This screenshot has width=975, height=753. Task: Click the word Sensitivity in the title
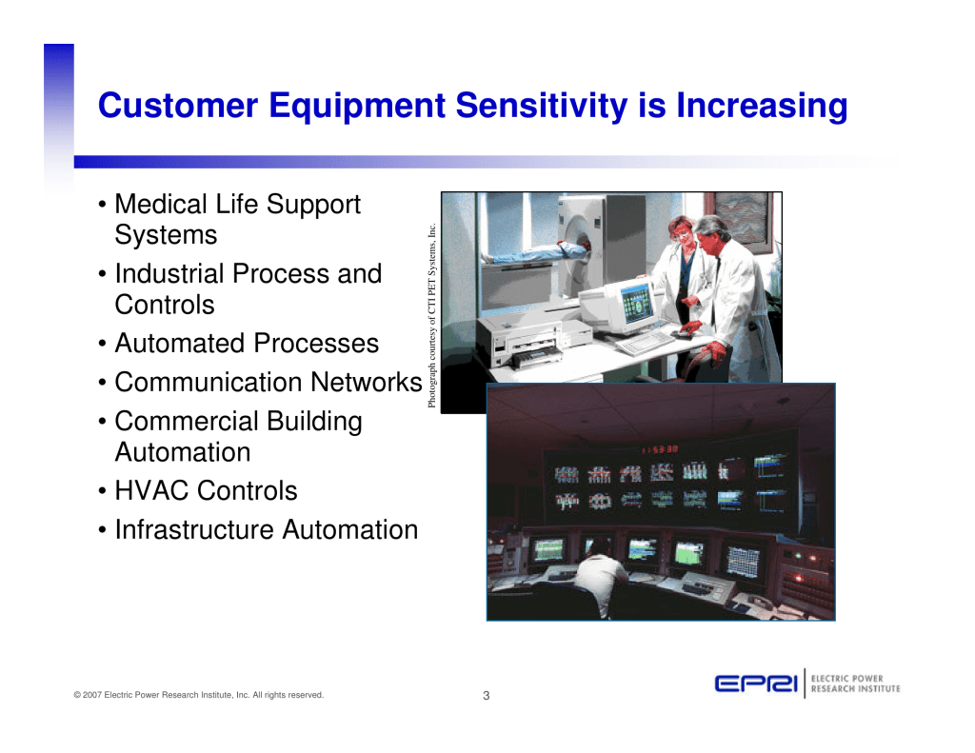point(542,105)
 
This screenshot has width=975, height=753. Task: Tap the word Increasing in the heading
point(762,105)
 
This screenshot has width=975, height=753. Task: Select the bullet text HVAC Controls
point(206,490)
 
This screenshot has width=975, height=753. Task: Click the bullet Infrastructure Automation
point(267,530)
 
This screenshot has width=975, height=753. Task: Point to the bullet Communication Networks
point(268,382)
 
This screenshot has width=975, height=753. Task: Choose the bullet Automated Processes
point(247,344)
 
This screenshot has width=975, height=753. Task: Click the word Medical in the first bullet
point(161,204)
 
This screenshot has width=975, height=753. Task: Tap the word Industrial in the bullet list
point(169,273)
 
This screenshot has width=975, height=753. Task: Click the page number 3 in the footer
point(487,695)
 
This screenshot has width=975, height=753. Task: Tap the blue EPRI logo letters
point(756,684)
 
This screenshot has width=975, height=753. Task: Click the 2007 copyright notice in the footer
point(198,695)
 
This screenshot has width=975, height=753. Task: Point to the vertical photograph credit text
point(431,315)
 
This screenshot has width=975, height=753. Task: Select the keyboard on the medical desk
point(645,343)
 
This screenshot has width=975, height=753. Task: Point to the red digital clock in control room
point(660,449)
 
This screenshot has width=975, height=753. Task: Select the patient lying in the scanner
point(535,253)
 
